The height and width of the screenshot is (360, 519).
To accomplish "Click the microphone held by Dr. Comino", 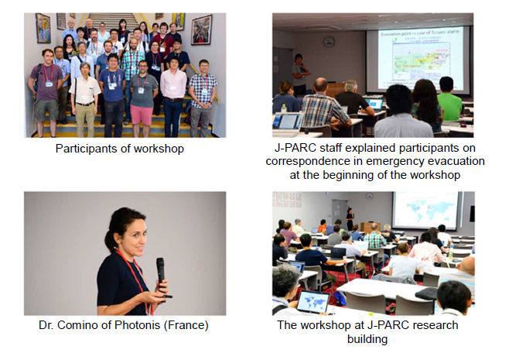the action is pyautogui.click(x=161, y=270).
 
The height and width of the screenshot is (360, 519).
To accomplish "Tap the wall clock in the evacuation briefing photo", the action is pyautogui.click(x=329, y=42).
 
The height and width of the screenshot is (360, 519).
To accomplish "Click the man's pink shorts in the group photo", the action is pyautogui.click(x=142, y=115).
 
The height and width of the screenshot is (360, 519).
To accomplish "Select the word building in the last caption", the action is pyautogui.click(x=367, y=339).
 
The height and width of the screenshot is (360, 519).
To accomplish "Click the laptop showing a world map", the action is pyautogui.click(x=312, y=301).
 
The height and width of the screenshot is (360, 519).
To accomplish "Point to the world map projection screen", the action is pyautogui.click(x=426, y=209).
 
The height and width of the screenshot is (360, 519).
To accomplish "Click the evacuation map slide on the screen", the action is pyautogui.click(x=421, y=59).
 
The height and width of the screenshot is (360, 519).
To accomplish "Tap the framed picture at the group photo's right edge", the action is pyautogui.click(x=201, y=30).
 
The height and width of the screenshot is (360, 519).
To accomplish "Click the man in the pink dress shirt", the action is pyautogui.click(x=173, y=97).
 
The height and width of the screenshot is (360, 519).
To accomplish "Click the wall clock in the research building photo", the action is pyautogui.click(x=370, y=196).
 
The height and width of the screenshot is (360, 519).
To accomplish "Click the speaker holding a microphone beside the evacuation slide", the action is pyautogui.click(x=300, y=75).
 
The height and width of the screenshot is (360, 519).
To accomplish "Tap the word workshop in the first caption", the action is pyautogui.click(x=159, y=149).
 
